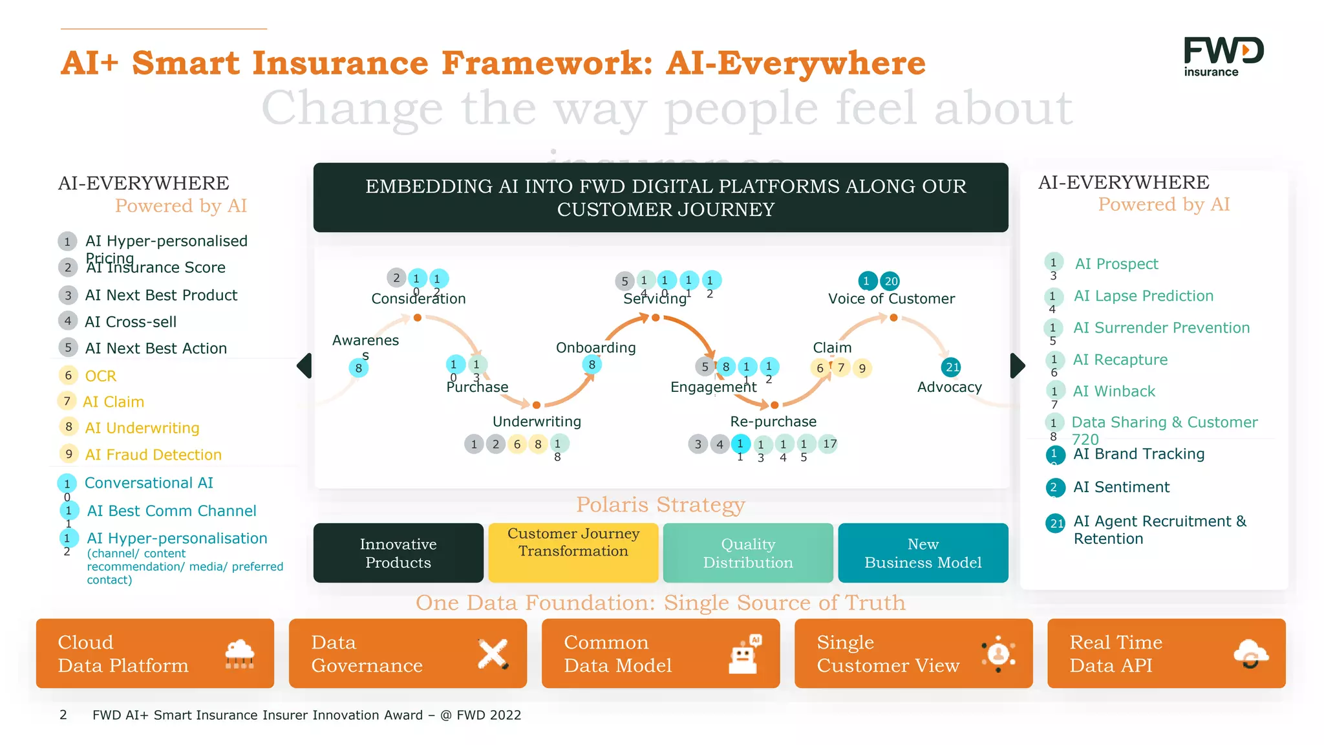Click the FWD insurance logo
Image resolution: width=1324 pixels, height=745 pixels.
pos(1223,57)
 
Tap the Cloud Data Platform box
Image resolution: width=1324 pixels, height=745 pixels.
pos(155,653)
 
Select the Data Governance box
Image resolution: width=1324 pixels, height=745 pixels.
pos(407,653)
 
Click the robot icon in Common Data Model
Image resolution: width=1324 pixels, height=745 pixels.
pos(743,654)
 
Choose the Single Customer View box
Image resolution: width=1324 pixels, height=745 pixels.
pos(913,653)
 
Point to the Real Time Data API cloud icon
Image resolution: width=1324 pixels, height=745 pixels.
pos(1250,654)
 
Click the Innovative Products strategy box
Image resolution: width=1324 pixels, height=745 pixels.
pos(398,553)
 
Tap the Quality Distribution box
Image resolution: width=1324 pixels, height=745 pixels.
pos(748,553)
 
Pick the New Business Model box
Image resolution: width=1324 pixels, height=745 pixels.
pos(923,553)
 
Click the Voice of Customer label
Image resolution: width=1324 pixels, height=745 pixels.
pos(891,299)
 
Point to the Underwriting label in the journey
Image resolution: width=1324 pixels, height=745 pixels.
pos(537,422)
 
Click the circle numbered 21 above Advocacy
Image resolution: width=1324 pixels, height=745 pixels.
pos(952,367)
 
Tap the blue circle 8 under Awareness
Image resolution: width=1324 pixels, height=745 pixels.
pos(358,368)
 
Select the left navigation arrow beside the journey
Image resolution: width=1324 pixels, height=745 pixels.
pos(304,366)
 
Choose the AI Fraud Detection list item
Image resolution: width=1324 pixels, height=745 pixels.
pos(153,455)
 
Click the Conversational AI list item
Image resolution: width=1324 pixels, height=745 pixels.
pos(149,483)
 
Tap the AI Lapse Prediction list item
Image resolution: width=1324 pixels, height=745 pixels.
pos(1143,296)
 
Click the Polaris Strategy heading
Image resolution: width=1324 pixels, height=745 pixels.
pos(660,504)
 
